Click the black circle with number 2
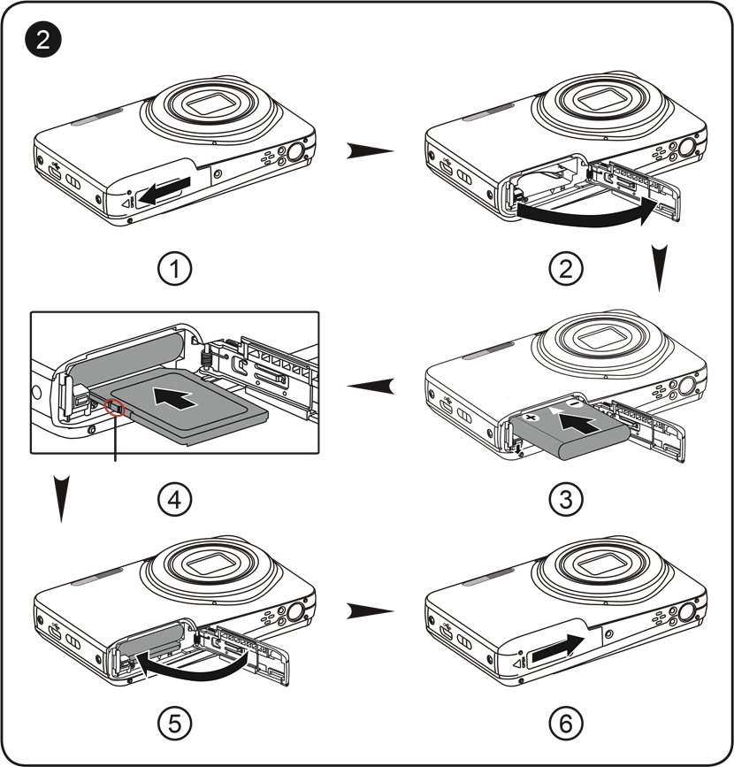42,39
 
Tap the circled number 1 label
174,269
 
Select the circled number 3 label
566,500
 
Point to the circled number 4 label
174,500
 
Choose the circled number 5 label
174,723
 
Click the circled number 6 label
566,723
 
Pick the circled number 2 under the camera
566,269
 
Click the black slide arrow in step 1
164,191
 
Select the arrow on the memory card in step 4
176,396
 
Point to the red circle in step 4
115,406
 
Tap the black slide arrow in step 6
557,649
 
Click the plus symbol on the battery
531,418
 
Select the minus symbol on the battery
575,403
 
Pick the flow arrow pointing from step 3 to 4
371,386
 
